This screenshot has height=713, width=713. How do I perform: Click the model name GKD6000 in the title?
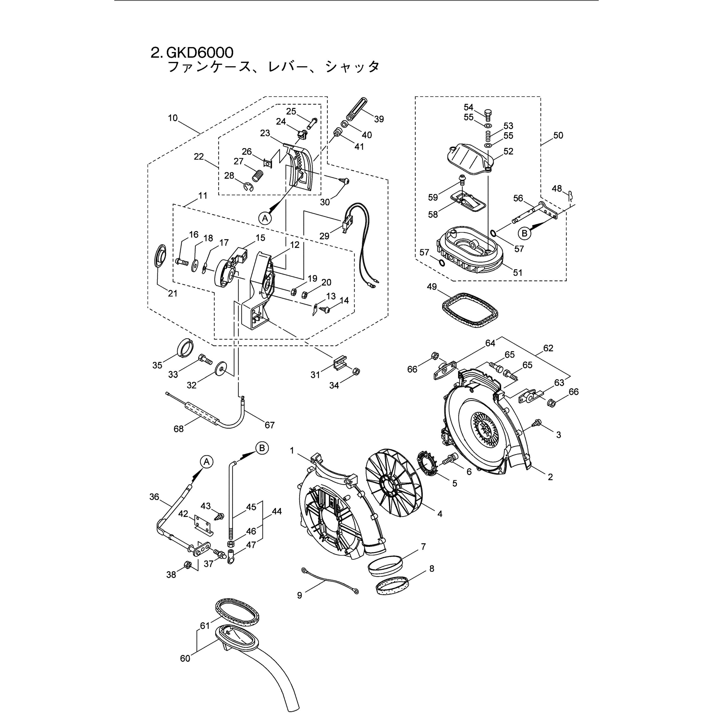coord(200,52)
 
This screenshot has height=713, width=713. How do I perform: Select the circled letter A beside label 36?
coord(207,461)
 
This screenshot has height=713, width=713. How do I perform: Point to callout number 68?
coord(179,429)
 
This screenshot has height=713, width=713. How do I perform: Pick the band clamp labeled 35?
coord(184,347)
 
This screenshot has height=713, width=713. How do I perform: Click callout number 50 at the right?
coord(558,136)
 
